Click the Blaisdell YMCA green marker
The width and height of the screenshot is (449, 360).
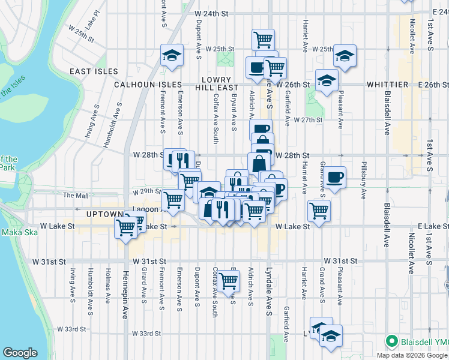392,341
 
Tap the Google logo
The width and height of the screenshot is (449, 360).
20,353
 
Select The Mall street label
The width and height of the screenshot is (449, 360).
76,195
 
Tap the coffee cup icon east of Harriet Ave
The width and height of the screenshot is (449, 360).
335,177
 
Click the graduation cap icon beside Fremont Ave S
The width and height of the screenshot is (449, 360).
172,55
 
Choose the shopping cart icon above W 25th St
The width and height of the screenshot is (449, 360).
263,40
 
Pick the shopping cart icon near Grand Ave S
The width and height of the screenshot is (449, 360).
318,210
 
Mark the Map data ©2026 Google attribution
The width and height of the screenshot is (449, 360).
411,355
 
